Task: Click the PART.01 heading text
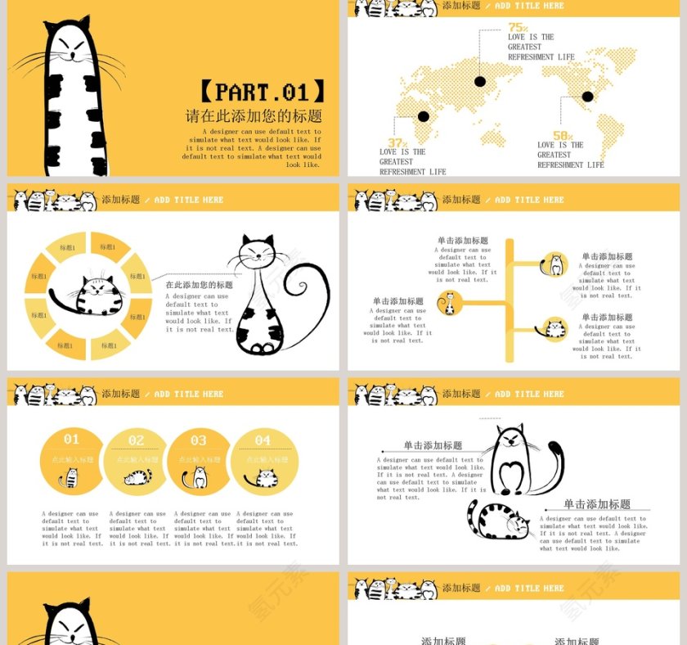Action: [262, 91]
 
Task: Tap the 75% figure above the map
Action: [518, 27]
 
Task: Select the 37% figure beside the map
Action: [397, 143]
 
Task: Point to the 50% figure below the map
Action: [563, 136]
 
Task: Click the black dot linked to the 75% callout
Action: [480, 81]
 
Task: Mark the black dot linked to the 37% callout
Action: [424, 116]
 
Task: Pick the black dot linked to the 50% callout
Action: [587, 97]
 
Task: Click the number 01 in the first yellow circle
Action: [72, 440]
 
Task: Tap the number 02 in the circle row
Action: [136, 440]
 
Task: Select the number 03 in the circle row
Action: [199, 440]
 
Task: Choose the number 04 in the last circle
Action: [263, 440]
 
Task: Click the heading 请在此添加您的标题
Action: [254, 116]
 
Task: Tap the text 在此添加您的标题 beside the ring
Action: [199, 285]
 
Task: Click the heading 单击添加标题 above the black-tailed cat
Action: [433, 445]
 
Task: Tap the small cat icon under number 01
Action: [71, 478]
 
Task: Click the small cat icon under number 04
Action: [262, 478]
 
